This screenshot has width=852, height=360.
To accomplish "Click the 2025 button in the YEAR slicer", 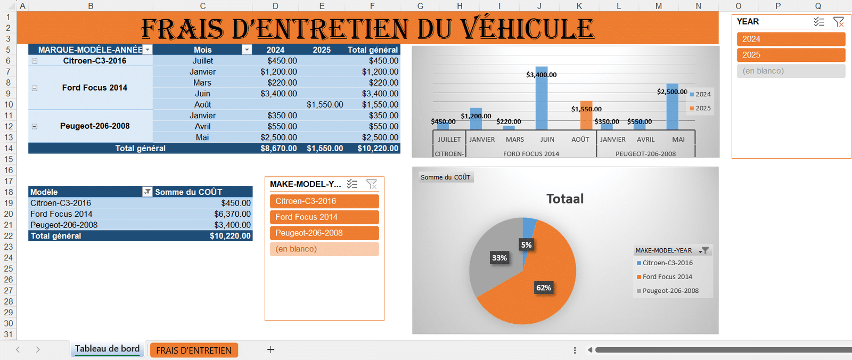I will pos(791,55).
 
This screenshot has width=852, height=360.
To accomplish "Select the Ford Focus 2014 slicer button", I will pos(324,217).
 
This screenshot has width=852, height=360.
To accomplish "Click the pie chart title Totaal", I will pos(564,199).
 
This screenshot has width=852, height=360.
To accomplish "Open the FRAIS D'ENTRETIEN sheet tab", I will pos(194,350).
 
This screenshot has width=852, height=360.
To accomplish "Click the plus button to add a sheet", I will pos(271,350).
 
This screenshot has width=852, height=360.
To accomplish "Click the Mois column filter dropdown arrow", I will pos(247,50).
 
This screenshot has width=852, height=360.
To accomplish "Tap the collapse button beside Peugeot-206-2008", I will pos(35,127).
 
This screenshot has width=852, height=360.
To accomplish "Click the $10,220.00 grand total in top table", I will pos(378,149).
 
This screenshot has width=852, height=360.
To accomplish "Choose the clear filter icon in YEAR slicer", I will pos(838,22).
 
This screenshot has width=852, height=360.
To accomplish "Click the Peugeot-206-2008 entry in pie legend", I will pos(670,291).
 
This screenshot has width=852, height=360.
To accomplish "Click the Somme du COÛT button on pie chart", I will pos(445,177).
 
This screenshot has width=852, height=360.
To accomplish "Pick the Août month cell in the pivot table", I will pos(202,105).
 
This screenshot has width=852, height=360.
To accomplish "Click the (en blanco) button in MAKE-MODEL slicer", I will pos(324,249).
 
